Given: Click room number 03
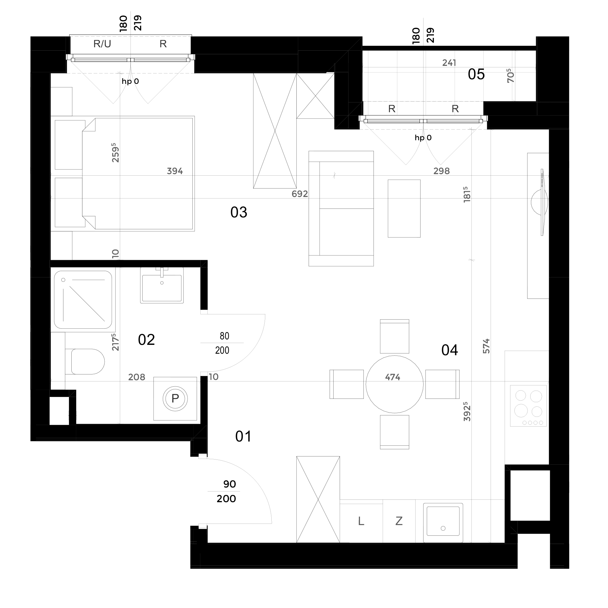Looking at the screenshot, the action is pyautogui.click(x=239, y=213).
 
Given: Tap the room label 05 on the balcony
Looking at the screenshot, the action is pyautogui.click(x=476, y=75).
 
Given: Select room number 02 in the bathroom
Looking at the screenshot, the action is pyautogui.click(x=146, y=340).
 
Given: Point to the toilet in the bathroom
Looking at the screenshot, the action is pyautogui.click(x=85, y=362).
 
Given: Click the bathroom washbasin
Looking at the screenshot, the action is pyautogui.click(x=162, y=285).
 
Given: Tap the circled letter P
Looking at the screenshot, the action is pyautogui.click(x=175, y=399).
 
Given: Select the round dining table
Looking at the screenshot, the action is pyautogui.click(x=394, y=384).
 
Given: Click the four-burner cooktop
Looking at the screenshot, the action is pyautogui.click(x=528, y=406).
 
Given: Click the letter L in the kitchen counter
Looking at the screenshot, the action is pyautogui.click(x=361, y=521).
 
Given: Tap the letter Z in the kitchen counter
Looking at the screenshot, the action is pyautogui.click(x=399, y=521).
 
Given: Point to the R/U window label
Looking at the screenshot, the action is pyautogui.click(x=102, y=44).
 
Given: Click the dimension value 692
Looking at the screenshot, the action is pyautogui.click(x=300, y=194).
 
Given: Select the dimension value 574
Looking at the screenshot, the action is pyautogui.click(x=486, y=346).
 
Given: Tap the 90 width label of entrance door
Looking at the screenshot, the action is pyautogui.click(x=230, y=484).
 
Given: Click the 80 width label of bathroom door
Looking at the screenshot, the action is pyautogui.click(x=224, y=336).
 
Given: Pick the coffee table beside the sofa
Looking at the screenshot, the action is pyautogui.click(x=404, y=209).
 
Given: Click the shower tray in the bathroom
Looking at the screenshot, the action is pyautogui.click(x=83, y=300).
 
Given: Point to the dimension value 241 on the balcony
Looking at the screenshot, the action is pyautogui.click(x=449, y=63).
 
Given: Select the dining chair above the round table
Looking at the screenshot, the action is pyautogui.click(x=395, y=336).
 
